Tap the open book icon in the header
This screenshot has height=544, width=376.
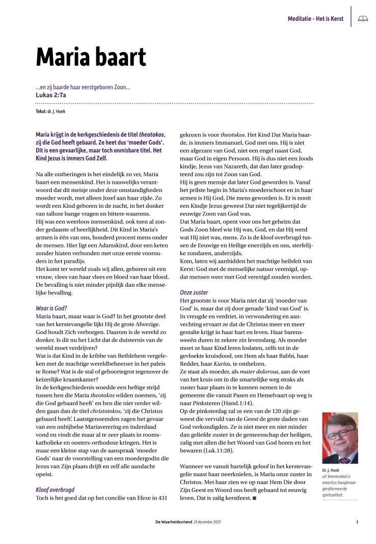363,18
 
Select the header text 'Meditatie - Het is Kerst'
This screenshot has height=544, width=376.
315,19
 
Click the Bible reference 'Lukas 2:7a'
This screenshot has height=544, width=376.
51,94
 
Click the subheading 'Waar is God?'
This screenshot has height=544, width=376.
51,308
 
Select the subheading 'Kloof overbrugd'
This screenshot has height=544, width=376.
56,489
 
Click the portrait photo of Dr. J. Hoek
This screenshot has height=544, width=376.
340,438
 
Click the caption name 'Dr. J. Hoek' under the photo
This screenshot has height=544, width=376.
332,470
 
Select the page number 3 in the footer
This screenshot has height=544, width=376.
357,521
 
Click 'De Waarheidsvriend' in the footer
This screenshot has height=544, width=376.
174,521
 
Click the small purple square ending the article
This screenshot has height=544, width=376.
254,498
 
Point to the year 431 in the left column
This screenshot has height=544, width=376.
161,498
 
